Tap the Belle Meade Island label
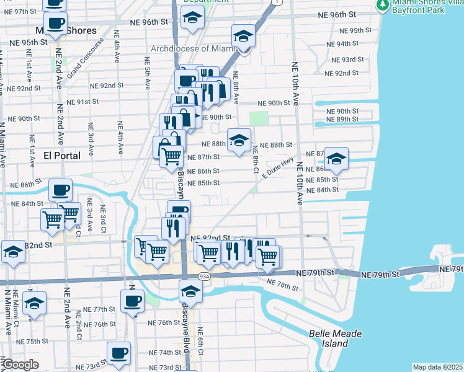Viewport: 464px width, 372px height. point(336,339)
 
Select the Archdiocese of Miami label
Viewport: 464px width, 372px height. point(194,49)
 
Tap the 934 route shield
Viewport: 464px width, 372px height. point(203,275)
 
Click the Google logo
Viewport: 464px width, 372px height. point(20,365)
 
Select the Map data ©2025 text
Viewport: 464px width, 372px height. point(437,367)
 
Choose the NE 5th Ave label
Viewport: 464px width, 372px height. point(148,73)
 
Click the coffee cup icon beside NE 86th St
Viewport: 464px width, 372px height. point(61,190)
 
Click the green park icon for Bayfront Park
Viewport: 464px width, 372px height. point(383,6)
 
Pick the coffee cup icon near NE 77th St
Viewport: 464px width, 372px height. point(132,302)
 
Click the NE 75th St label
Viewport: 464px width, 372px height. point(33,341)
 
